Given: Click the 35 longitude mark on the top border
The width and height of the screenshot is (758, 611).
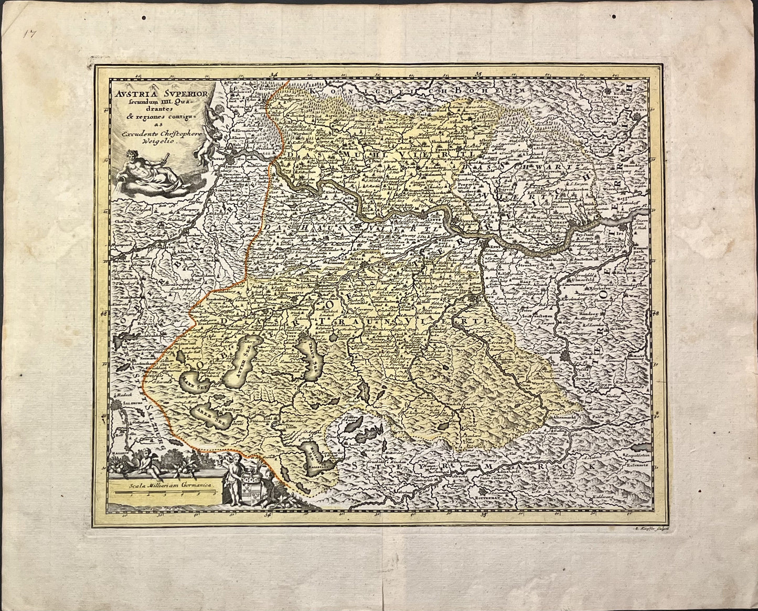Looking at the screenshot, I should tap(463, 75).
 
